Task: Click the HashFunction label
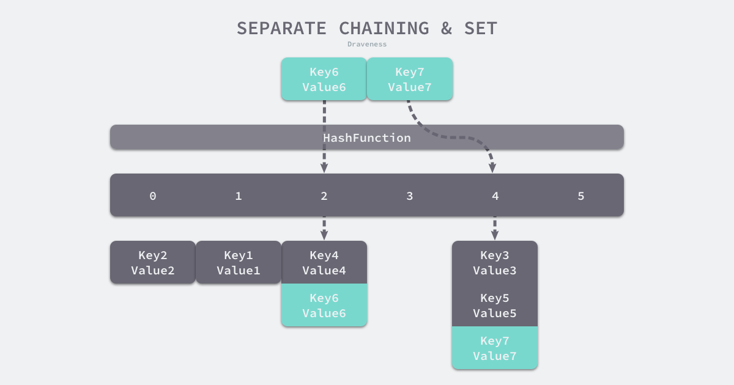coord(367,137)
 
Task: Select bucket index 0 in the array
coord(153,196)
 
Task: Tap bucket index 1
coord(239,196)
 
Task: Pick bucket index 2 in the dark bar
coord(324,196)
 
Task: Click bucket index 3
coord(410,196)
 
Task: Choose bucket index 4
coord(495,196)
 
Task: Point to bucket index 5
coord(581,196)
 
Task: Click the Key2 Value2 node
coord(153,263)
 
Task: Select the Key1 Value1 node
coord(239,263)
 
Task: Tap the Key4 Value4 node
coord(324,263)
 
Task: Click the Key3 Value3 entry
coord(495,263)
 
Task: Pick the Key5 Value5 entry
coord(495,306)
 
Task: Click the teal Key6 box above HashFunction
coord(324,79)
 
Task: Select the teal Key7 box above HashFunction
coord(410,79)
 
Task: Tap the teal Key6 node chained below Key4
coord(324,306)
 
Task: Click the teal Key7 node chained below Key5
coord(495,348)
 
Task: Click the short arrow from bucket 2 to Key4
coord(324,228)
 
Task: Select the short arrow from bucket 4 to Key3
coord(495,228)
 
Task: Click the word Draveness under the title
coord(367,44)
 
